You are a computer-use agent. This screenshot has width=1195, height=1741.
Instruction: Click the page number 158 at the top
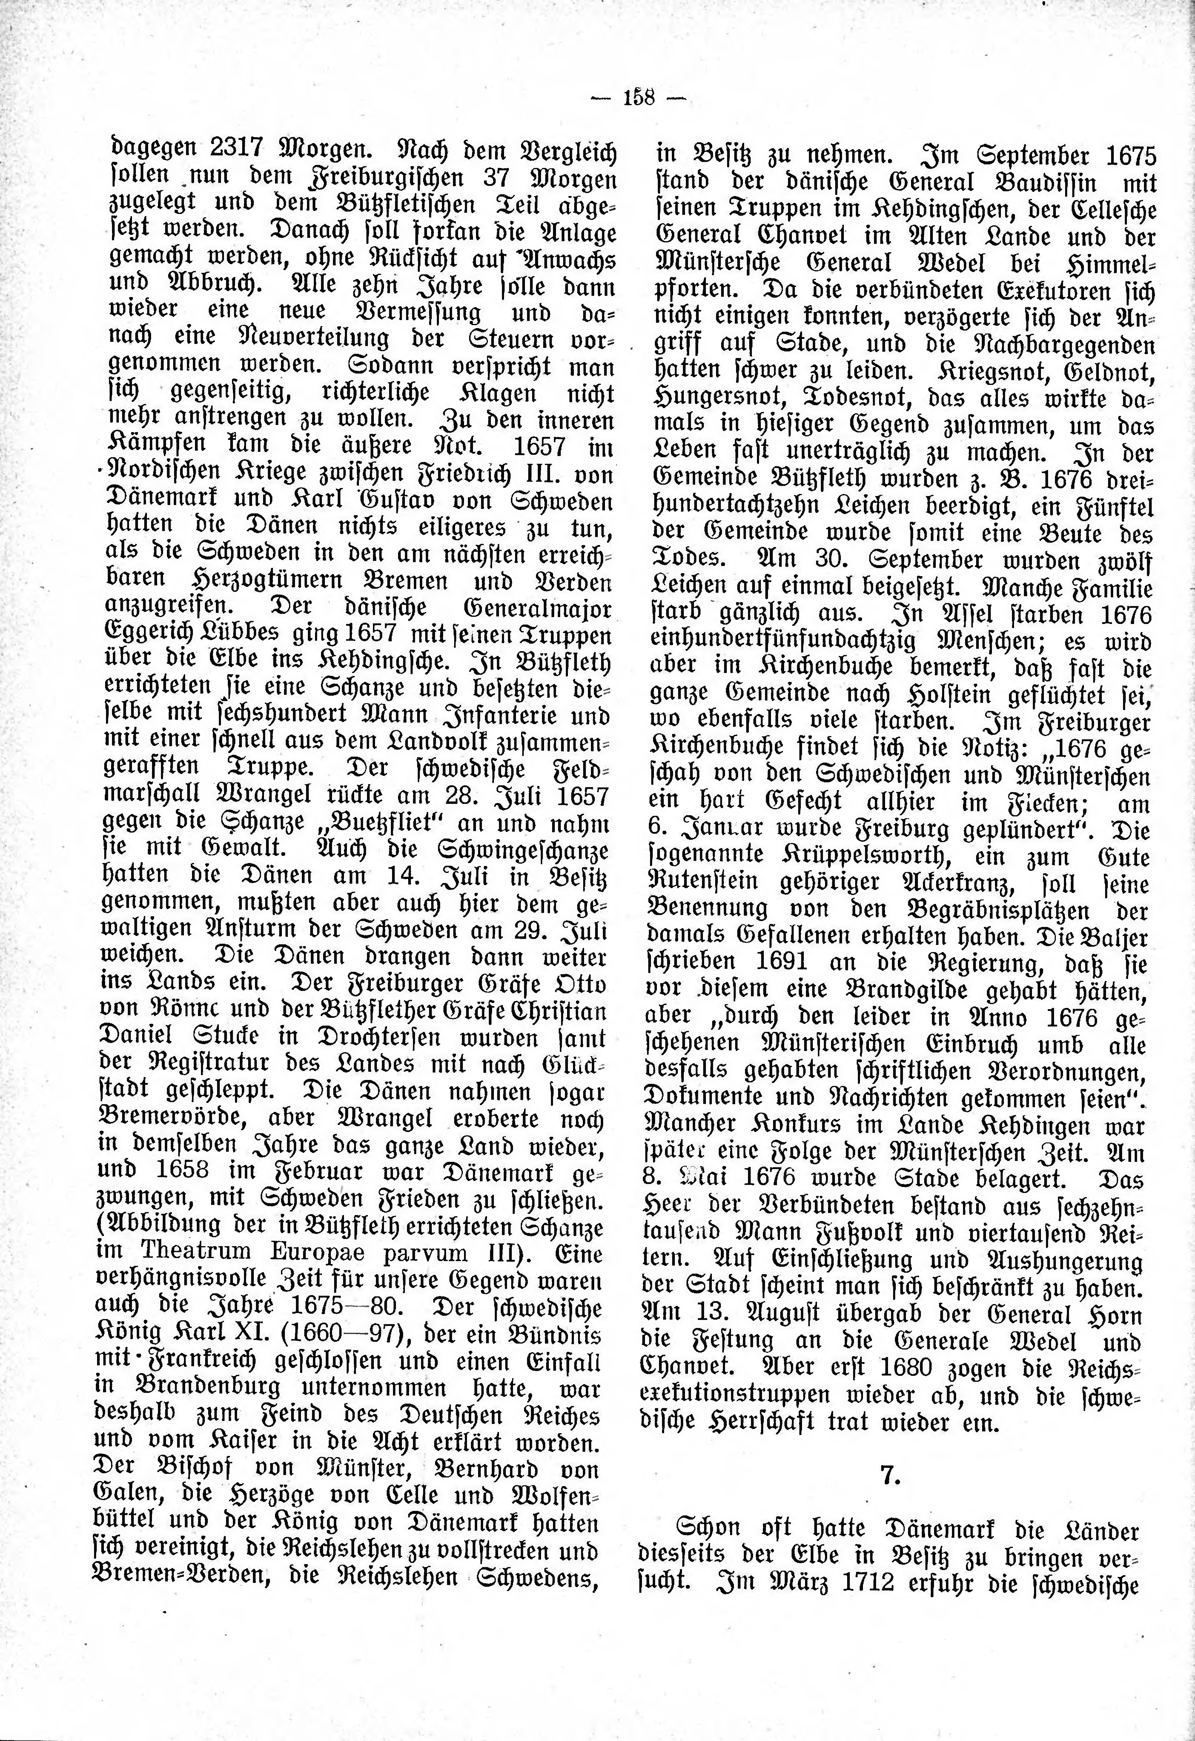tap(639, 98)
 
